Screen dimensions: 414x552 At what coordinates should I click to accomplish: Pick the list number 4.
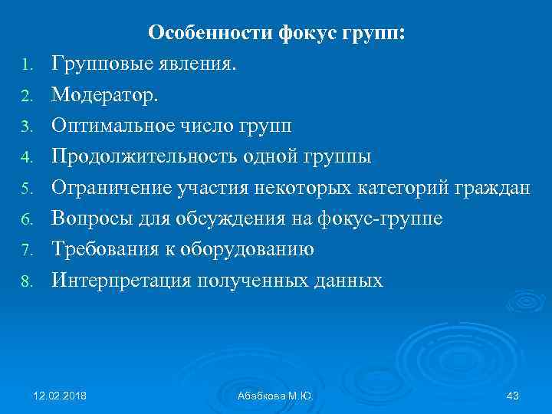tap(25, 159)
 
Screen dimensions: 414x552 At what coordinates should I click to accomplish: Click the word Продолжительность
tap(146, 157)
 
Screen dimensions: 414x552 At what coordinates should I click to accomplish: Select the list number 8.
tap(25, 281)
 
